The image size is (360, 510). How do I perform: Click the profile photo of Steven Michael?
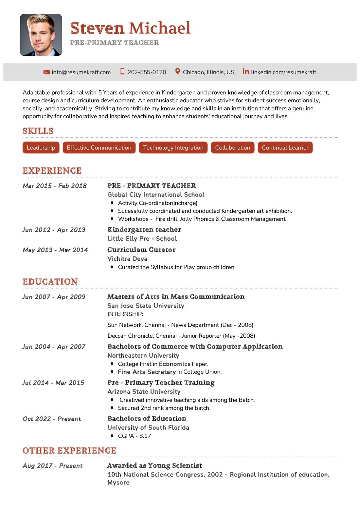tap(41, 35)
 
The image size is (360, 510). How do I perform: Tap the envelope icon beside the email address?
tap(46, 72)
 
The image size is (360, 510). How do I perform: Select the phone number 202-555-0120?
tap(147, 72)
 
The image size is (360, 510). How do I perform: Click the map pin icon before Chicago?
tap(177, 71)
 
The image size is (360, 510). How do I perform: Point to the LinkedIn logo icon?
tap(246, 71)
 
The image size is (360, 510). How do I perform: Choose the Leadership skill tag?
tap(41, 148)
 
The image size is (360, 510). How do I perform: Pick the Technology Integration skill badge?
tap(173, 148)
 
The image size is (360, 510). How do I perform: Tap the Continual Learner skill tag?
tap(285, 148)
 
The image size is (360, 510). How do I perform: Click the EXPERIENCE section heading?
tap(52, 171)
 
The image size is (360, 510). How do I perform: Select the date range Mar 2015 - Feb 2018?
tap(55, 186)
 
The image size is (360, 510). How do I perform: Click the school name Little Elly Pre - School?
tap(142, 239)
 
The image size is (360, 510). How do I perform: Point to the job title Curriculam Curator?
tap(141, 250)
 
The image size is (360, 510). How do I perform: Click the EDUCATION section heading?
tap(50, 282)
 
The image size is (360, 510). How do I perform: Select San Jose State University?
tap(146, 306)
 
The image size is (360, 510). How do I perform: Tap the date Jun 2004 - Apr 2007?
tap(54, 347)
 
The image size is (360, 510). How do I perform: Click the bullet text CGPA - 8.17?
tap(134, 436)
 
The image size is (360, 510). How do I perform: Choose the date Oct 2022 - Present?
tap(52, 419)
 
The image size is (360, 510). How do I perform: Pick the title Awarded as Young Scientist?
tap(154, 465)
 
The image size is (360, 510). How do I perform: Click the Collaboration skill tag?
tap(232, 148)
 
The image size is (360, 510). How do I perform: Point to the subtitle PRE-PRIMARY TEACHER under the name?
tap(115, 43)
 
